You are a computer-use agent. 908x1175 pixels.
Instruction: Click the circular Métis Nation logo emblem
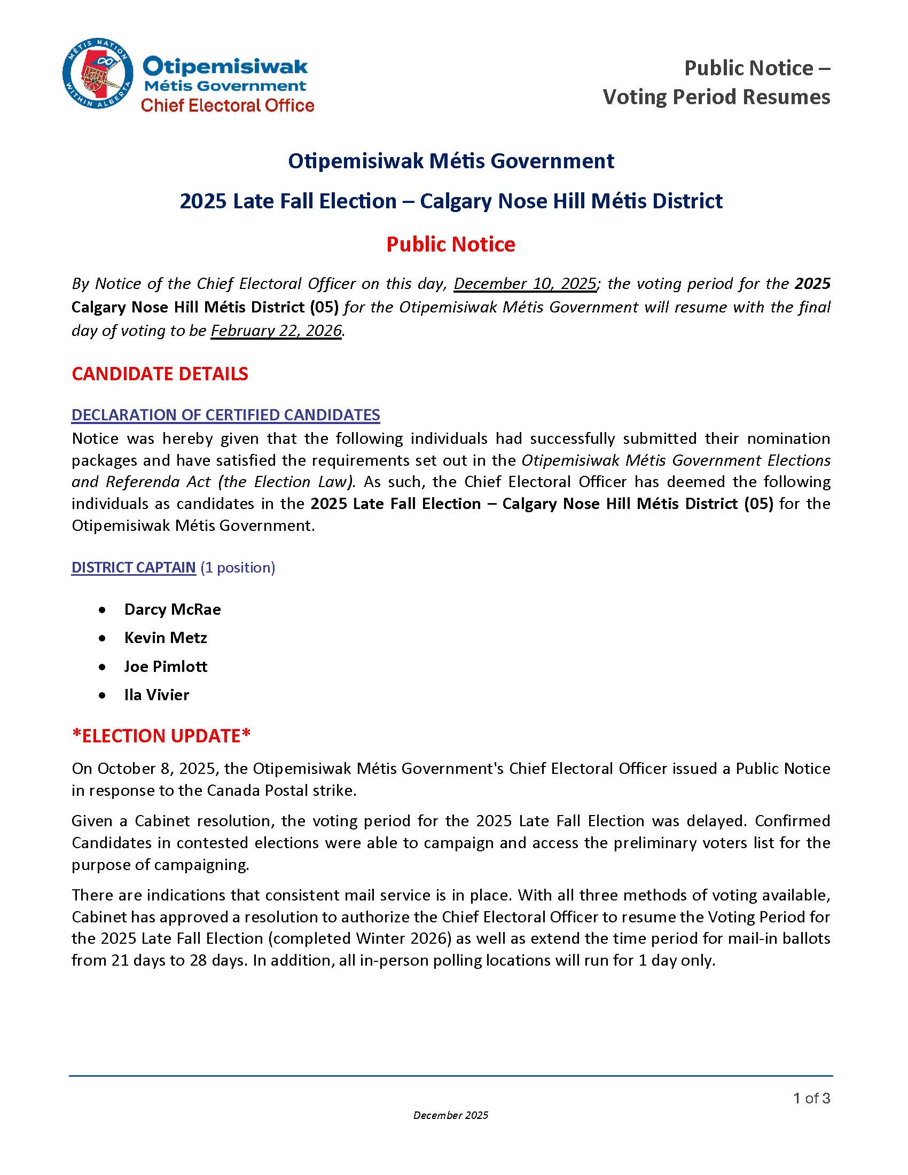pyautogui.click(x=98, y=73)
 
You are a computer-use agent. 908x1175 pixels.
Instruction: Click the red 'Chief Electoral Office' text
pyautogui.click(x=227, y=105)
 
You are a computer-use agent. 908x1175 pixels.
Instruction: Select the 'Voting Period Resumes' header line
pyautogui.click(x=716, y=97)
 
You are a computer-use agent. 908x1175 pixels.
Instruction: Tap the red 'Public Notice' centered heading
pyautogui.click(x=451, y=244)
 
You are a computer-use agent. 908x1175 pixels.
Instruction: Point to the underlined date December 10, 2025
pyautogui.click(x=525, y=284)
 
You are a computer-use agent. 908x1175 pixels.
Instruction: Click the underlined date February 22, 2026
pyautogui.click(x=276, y=330)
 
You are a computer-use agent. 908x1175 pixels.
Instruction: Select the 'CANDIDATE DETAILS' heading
pyautogui.click(x=160, y=374)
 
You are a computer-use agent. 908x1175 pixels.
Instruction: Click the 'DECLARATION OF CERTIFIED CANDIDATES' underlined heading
pyautogui.click(x=226, y=415)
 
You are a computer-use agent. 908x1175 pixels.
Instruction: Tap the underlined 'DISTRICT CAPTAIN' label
pyautogui.click(x=134, y=568)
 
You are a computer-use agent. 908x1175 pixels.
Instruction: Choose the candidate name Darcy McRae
pyautogui.click(x=172, y=609)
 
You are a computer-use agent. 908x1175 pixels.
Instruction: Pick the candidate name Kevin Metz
pyautogui.click(x=165, y=638)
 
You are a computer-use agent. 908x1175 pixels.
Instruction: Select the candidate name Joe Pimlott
pyautogui.click(x=165, y=667)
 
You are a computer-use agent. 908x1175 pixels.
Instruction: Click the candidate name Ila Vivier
pyautogui.click(x=156, y=695)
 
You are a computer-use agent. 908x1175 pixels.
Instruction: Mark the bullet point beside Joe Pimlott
pyautogui.click(x=102, y=667)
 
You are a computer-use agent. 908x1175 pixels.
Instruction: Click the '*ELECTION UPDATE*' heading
pyautogui.click(x=161, y=736)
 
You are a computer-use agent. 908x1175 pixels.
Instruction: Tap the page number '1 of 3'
pyautogui.click(x=812, y=1098)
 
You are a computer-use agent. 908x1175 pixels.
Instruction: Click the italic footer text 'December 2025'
pyautogui.click(x=451, y=1115)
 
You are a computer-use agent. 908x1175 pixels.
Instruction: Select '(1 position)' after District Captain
pyautogui.click(x=238, y=568)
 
